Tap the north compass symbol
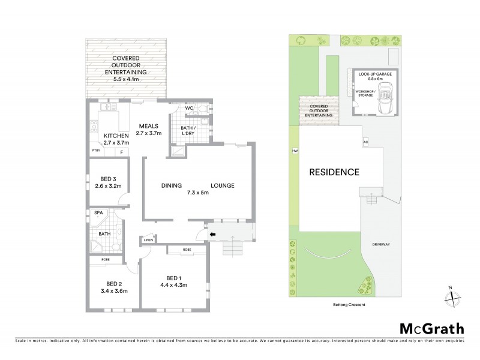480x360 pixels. (454, 295)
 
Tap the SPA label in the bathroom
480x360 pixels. (98, 213)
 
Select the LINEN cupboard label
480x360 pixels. (149, 241)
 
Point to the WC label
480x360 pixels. (188, 109)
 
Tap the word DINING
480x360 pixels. (172, 186)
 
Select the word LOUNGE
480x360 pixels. (222, 186)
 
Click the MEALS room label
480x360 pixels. (148, 125)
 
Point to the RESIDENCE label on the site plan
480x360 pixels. (334, 172)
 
